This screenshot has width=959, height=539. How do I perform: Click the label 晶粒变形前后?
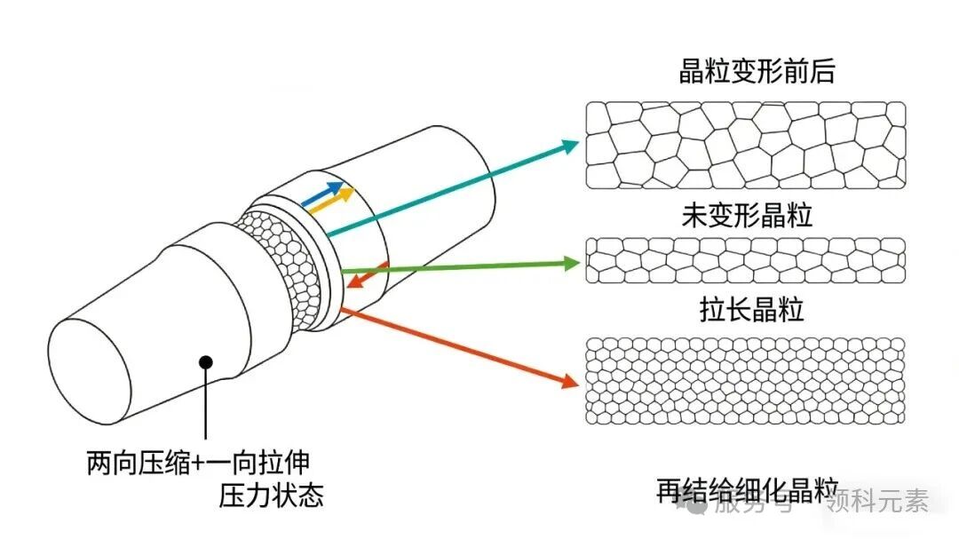click(x=757, y=71)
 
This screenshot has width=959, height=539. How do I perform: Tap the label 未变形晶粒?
click(x=747, y=215)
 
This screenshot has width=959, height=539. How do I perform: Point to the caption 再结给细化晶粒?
click(x=748, y=490)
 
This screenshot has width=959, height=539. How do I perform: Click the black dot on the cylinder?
click(x=206, y=361)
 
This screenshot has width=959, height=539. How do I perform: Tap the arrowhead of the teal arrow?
click(x=571, y=144)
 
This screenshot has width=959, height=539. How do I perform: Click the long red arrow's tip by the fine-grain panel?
click(x=570, y=383)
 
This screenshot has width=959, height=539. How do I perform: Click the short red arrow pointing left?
click(x=366, y=275)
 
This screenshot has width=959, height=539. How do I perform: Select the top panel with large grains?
click(x=746, y=145)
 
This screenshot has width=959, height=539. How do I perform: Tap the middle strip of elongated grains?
click(x=746, y=260)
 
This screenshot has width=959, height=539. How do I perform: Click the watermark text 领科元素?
click(x=876, y=503)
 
